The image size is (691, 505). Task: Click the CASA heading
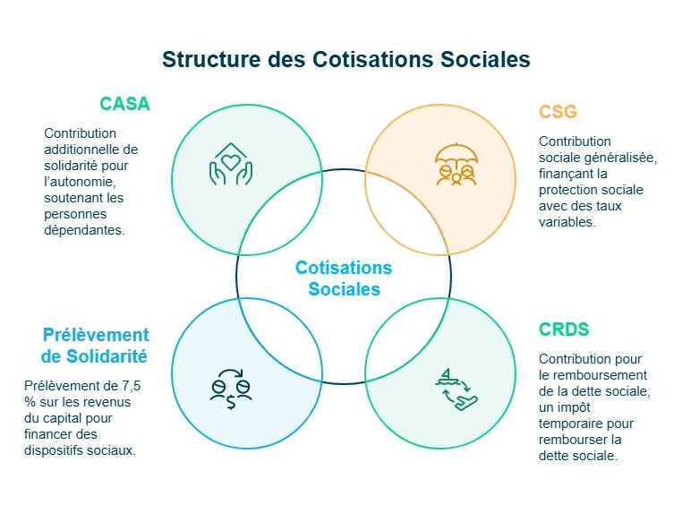[x=124, y=104]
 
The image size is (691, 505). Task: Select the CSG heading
[x=558, y=112]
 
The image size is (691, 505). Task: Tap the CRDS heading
[x=564, y=330]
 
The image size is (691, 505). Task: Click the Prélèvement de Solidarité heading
[x=95, y=345]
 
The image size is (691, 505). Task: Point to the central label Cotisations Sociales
[x=344, y=278]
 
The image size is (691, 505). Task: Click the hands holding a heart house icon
[x=231, y=164]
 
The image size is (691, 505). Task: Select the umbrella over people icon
[x=456, y=165]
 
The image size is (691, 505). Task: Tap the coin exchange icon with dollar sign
[x=231, y=388]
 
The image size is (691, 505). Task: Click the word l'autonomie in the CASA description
[x=76, y=182]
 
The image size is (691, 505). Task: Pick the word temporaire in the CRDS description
[x=568, y=424]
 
